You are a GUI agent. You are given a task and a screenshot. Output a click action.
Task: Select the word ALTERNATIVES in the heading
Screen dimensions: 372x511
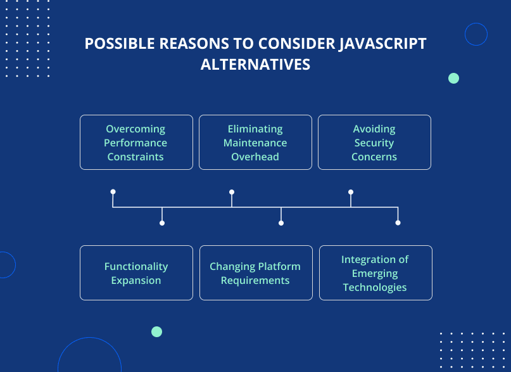click(255, 65)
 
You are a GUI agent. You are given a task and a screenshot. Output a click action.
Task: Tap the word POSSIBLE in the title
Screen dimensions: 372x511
click(120, 44)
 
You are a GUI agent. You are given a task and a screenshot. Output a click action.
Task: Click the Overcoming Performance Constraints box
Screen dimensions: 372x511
click(136, 142)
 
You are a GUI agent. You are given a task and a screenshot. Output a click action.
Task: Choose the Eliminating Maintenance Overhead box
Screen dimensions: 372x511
click(255, 142)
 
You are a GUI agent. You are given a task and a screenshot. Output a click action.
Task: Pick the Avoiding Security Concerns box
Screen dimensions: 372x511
click(374, 142)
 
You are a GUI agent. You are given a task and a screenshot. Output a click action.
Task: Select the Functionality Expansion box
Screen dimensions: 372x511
click(136, 273)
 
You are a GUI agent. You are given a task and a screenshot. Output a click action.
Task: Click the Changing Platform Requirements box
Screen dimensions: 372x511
click(255, 273)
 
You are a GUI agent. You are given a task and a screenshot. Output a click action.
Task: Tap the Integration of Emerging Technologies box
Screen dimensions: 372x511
click(375, 273)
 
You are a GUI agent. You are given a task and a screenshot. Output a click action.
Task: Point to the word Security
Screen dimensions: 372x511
click(374, 143)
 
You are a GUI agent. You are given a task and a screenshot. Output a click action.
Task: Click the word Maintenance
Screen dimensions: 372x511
click(255, 143)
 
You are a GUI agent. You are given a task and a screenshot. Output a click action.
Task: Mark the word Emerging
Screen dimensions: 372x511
click(375, 273)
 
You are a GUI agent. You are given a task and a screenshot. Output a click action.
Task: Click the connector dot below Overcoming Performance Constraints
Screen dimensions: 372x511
click(113, 191)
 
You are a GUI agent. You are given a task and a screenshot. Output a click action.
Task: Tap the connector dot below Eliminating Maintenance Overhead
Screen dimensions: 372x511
click(232, 191)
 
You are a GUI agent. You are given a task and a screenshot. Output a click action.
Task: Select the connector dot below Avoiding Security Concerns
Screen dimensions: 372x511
click(351, 191)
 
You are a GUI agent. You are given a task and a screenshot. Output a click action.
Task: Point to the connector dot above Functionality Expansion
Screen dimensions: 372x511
click(162, 223)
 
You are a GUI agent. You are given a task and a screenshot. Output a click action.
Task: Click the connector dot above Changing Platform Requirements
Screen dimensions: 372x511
click(281, 223)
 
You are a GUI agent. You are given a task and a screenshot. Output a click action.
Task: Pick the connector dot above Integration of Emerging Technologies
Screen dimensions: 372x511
click(398, 223)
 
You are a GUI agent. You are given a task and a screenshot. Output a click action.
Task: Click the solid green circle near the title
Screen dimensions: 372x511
click(453, 79)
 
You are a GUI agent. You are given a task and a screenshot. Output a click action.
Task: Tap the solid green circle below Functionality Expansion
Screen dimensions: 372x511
click(157, 331)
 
